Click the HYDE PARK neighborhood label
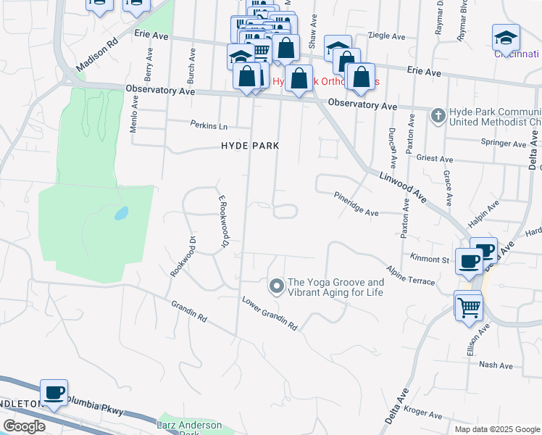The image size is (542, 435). pyautogui.click(x=250, y=146)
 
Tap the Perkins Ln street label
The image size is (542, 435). pyautogui.click(x=209, y=124)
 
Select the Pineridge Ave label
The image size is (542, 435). pyautogui.click(x=357, y=204)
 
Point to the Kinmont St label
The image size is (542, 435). pyautogui.click(x=430, y=259)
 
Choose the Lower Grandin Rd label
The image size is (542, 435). pyautogui.click(x=270, y=313)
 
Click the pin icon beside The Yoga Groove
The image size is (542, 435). pyautogui.click(x=275, y=287)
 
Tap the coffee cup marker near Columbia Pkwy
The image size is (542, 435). pyautogui.click(x=54, y=392)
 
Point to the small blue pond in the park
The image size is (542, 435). pyautogui.click(x=121, y=214)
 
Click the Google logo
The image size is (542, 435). pyautogui.click(x=24, y=426)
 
